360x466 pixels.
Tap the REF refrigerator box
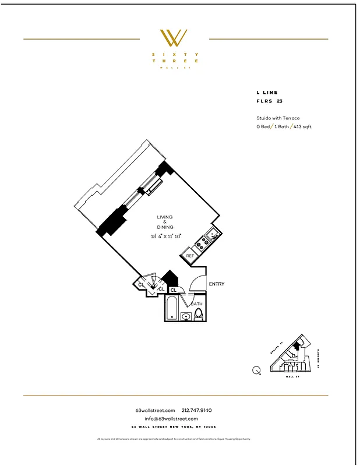[x=190, y=256]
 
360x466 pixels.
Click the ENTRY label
[x=216, y=284]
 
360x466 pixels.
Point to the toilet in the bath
[x=198, y=315]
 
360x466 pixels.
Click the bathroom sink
[x=186, y=316]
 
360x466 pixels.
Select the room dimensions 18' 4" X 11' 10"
[x=165, y=236]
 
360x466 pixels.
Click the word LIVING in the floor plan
[x=165, y=217]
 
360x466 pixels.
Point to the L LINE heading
[x=267, y=93]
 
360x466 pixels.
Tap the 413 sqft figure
[x=302, y=126]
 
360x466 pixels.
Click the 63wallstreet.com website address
[x=155, y=411]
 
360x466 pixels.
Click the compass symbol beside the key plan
[x=256, y=370]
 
